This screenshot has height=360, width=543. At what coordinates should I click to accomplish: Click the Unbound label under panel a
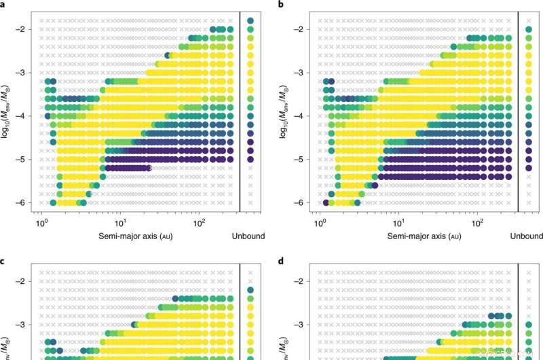(x=248, y=236)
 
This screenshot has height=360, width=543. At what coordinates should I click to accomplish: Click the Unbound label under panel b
(x=527, y=236)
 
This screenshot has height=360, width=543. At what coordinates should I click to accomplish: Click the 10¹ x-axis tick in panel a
(x=120, y=221)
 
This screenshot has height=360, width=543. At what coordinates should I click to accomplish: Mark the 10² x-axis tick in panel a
(x=199, y=221)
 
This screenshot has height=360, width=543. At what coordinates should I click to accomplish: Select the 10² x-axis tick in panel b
(x=477, y=221)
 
